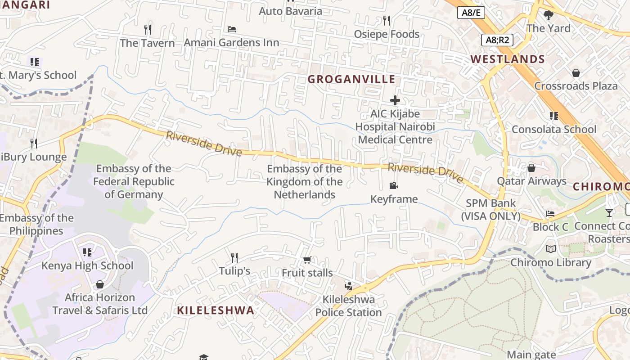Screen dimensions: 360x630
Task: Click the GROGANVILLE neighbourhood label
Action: pyautogui.click(x=351, y=79)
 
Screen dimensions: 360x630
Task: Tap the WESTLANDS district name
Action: pyautogui.click(x=508, y=59)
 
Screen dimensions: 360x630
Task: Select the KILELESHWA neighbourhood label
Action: pyautogui.click(x=216, y=310)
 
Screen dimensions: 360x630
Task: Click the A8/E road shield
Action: pyautogui.click(x=471, y=13)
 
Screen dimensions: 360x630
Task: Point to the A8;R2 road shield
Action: pyautogui.click(x=497, y=40)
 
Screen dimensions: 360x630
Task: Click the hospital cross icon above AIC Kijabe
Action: pyautogui.click(x=395, y=100)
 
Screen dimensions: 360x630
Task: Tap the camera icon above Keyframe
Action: pyautogui.click(x=394, y=186)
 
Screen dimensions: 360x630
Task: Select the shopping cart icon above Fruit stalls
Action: pyautogui.click(x=307, y=260)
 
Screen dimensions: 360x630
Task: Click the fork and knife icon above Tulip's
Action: pyautogui.click(x=234, y=258)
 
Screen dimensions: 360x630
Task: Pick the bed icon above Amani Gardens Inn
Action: pyautogui.click(x=232, y=29)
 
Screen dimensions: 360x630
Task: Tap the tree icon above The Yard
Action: pyautogui.click(x=548, y=15)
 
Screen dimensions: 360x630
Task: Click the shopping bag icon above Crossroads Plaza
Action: pyautogui.click(x=576, y=73)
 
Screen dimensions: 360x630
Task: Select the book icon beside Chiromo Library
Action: pyautogui.click(x=551, y=249)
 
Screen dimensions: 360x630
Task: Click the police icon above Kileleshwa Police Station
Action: pyautogui.click(x=348, y=286)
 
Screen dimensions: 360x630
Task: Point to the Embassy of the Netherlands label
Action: pyautogui.click(x=305, y=181)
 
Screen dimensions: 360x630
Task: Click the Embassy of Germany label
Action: pyautogui.click(x=134, y=181)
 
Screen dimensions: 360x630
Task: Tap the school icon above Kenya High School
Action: pyautogui.click(x=87, y=252)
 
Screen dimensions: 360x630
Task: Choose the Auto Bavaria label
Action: pyautogui.click(x=290, y=11)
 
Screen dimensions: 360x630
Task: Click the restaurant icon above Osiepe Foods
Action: pyautogui.click(x=386, y=21)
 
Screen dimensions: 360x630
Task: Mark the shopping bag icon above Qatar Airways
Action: pyautogui.click(x=531, y=168)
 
